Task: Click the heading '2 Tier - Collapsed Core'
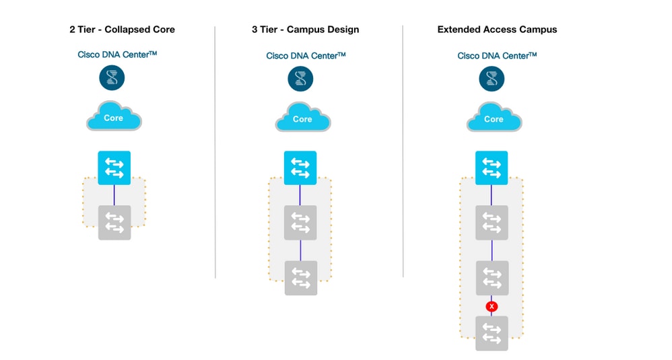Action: point(122,30)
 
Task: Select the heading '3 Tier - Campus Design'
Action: point(305,30)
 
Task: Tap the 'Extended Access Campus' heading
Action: point(497,30)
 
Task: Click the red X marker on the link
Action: point(492,306)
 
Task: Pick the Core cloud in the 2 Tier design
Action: point(114,118)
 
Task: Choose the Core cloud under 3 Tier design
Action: point(302,118)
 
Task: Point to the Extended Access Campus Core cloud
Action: point(494,118)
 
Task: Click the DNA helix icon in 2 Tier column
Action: point(112,78)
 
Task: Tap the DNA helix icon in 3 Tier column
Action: point(300,79)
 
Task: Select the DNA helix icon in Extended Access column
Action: point(492,79)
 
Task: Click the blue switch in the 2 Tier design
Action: point(114,168)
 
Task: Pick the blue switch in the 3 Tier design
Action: point(300,168)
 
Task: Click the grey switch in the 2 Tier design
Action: point(114,223)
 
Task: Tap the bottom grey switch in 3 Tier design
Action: point(300,278)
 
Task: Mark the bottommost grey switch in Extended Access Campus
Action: point(492,333)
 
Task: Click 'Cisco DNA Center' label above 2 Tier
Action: point(117,55)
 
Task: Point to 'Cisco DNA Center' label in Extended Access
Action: point(497,56)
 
